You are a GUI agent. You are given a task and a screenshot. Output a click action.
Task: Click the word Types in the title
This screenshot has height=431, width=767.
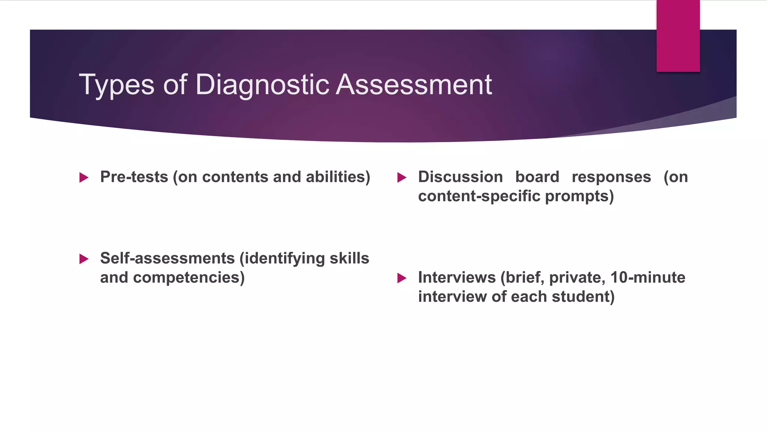coord(116,85)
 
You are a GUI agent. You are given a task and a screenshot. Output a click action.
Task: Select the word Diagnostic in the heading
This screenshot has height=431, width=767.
coord(262,85)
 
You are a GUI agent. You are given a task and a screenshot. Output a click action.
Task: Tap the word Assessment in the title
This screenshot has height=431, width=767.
coord(414,85)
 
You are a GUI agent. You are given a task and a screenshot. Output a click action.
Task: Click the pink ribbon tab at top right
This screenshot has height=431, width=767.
coord(678,36)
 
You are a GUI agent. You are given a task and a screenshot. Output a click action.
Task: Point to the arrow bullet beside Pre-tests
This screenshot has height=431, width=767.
coord(84,177)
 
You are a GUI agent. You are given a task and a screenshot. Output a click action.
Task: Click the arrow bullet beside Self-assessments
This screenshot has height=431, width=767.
coord(84,259)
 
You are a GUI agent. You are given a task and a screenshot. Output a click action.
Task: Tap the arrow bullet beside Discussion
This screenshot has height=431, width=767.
coord(401,177)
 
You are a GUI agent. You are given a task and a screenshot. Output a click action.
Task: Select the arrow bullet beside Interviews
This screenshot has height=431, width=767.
coord(401,278)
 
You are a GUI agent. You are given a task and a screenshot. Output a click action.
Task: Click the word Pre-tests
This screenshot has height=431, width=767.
coord(134,177)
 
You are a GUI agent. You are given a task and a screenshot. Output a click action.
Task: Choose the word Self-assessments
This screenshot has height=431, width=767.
coord(167,259)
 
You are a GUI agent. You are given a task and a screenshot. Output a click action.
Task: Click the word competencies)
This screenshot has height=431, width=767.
coord(189,278)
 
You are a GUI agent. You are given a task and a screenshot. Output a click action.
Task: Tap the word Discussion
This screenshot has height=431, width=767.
coord(460,177)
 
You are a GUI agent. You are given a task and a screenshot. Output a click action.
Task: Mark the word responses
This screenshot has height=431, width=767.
coord(611,177)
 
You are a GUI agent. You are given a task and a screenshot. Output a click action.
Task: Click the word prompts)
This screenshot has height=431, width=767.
coord(579,196)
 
